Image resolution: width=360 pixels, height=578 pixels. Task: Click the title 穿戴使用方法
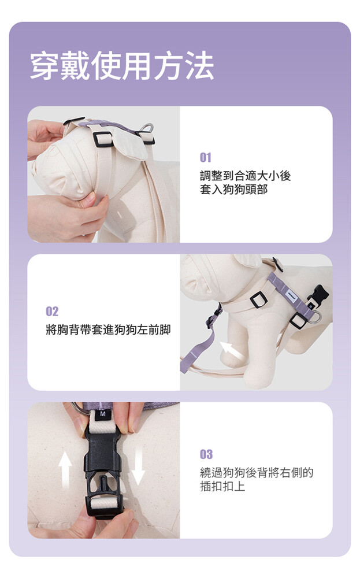pyautogui.click(x=122, y=66)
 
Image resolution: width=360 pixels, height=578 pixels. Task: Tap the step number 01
pyautogui.click(x=206, y=158)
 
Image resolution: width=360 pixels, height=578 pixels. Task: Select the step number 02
pyautogui.click(x=52, y=312)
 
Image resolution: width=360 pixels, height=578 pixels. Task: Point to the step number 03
pyautogui.click(x=206, y=454)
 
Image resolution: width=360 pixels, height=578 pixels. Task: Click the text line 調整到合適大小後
pyautogui.click(x=246, y=176)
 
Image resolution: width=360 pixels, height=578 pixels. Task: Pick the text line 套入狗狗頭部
pyautogui.click(x=234, y=190)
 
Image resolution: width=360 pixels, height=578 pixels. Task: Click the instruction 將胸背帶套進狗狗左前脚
pyautogui.click(x=108, y=329)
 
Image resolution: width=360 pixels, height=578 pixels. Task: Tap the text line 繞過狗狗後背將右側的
pyautogui.click(x=257, y=472)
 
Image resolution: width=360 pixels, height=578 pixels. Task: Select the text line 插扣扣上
pyautogui.click(x=222, y=486)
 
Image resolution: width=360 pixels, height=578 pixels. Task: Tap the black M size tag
pyautogui.click(x=103, y=414)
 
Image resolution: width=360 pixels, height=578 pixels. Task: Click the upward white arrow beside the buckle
pyautogui.click(x=65, y=469)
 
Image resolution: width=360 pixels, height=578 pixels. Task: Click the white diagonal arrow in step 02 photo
pyautogui.click(x=231, y=350)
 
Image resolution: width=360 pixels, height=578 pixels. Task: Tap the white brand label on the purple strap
pyautogui.click(x=293, y=295)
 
